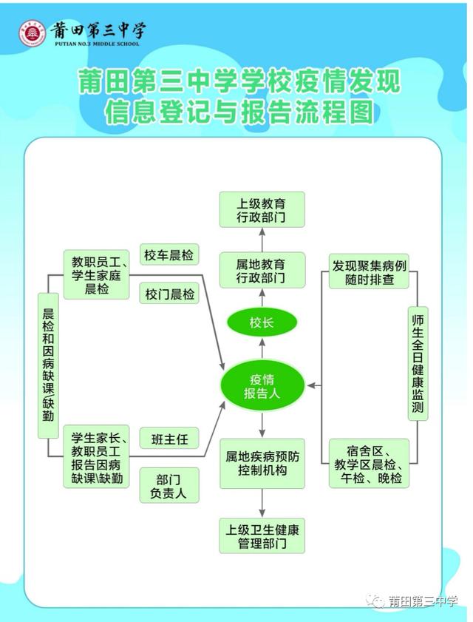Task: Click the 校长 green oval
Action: pos(262,322)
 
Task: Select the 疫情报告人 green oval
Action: pos(262,385)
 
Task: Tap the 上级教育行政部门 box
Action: pos(262,210)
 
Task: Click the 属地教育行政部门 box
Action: pos(262,270)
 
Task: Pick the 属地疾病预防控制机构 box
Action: pos(262,463)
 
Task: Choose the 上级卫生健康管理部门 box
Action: pos(262,535)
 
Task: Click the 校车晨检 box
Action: pos(169,254)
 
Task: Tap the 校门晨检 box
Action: pos(169,294)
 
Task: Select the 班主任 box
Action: pos(169,439)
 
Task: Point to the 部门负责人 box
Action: pos(169,485)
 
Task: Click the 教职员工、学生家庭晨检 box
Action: pos(96,274)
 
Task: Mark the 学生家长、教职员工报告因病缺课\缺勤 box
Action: pos(96,456)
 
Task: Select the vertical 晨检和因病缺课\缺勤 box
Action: pos(48,365)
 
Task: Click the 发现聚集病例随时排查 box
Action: pos(369,271)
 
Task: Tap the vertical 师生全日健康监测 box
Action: pos(418,363)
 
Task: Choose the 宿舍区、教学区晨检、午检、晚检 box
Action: pos(369,463)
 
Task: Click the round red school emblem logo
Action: pos(33,33)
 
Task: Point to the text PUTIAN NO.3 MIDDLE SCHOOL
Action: pos(97,44)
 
